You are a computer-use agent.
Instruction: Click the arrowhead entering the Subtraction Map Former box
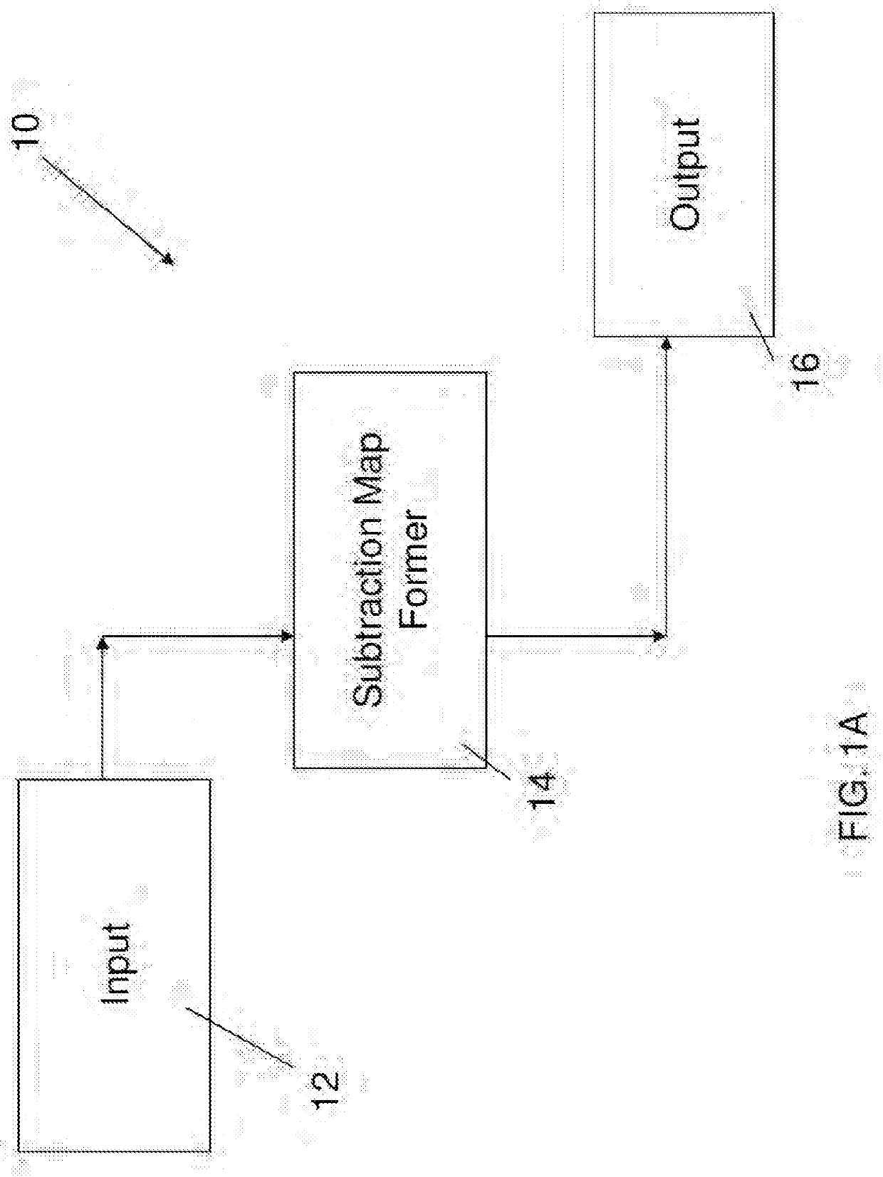click(287, 635)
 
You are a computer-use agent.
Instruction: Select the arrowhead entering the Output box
click(666, 345)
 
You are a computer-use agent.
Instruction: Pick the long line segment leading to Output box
click(665, 491)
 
